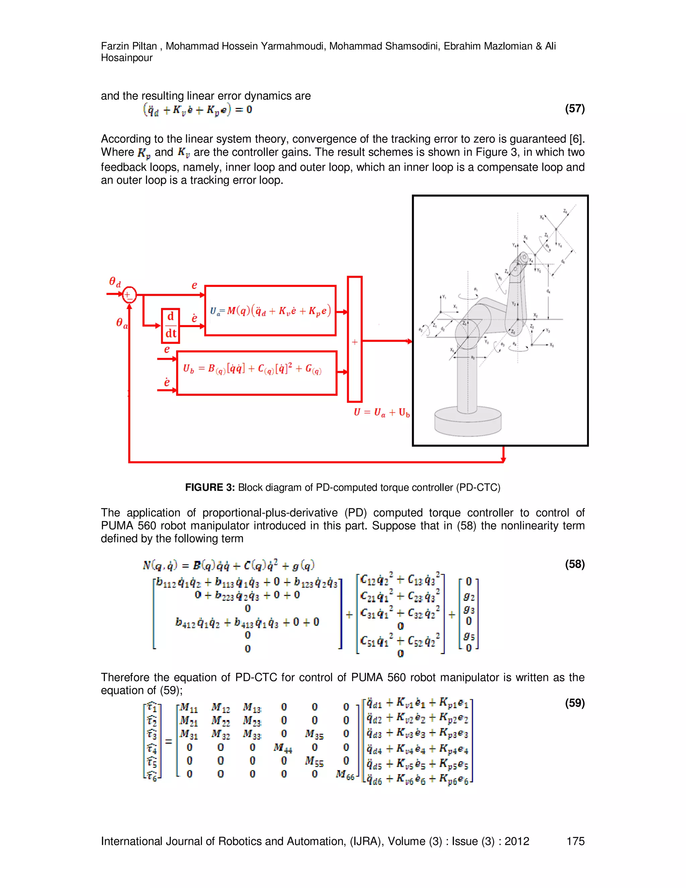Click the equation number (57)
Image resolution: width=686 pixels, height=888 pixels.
574,109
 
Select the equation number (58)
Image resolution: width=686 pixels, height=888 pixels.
574,564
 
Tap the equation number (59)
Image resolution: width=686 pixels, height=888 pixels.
574,703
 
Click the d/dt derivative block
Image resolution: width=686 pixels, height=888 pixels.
171,326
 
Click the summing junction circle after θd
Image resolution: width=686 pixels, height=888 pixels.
129,294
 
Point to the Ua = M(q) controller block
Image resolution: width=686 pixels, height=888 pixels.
270,311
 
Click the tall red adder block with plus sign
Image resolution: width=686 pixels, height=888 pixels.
355,339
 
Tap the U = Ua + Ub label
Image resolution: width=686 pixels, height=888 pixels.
382,412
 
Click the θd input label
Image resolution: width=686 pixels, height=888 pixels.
115,281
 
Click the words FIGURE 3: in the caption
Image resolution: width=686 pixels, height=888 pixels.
210,488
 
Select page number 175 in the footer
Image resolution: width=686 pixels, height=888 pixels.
575,841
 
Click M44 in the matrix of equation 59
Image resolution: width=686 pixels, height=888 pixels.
283,747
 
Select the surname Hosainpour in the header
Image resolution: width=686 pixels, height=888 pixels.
126,58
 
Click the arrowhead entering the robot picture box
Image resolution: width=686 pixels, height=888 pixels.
410,341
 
